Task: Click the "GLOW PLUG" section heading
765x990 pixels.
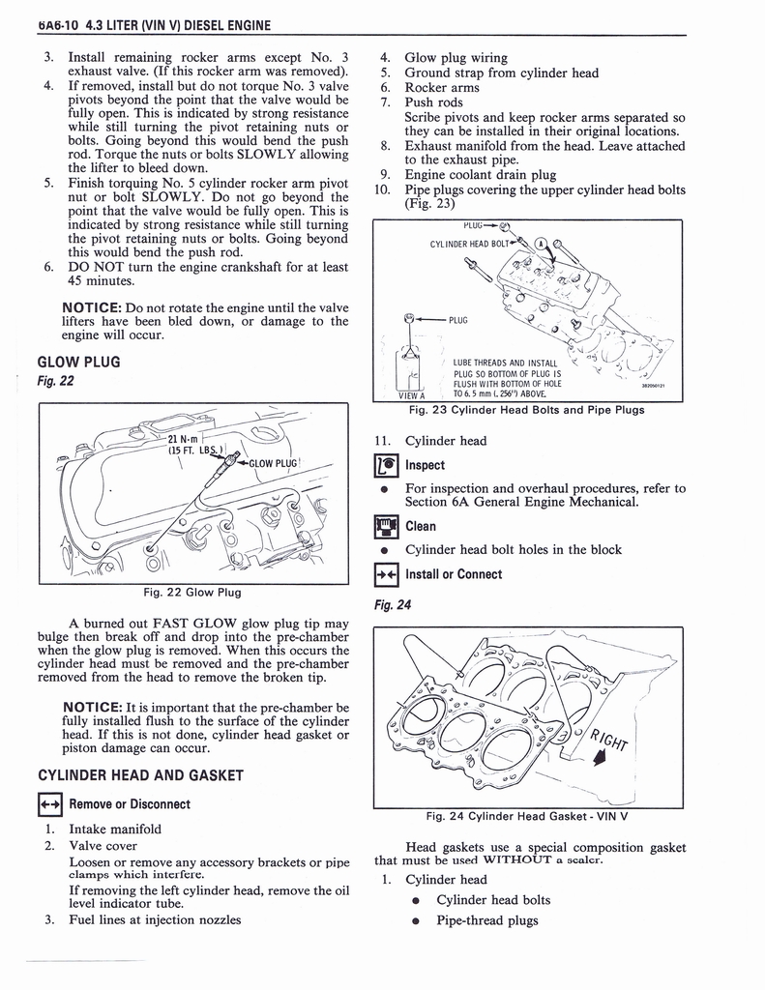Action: pyautogui.click(x=77, y=362)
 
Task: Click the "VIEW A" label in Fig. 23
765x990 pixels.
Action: pyautogui.click(x=410, y=394)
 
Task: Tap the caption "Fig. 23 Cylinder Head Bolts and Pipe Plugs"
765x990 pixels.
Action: pyautogui.click(x=526, y=410)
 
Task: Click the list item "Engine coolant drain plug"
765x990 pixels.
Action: pyautogui.click(x=480, y=175)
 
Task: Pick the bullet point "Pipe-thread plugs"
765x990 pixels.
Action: pyautogui.click(x=483, y=919)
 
